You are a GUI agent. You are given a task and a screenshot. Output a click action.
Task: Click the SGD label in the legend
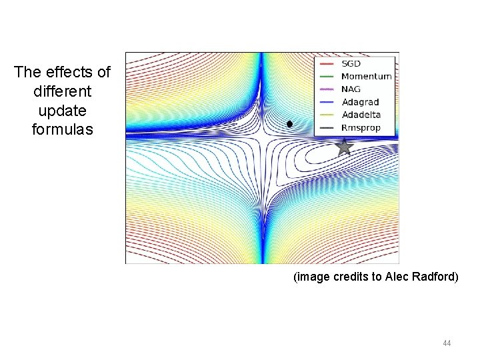pos(351,64)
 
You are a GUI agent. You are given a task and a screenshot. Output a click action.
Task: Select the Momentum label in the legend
pos(366,77)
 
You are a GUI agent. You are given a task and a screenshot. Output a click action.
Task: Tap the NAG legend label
pos(351,89)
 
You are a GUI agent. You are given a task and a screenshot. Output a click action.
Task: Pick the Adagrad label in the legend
pos(360,102)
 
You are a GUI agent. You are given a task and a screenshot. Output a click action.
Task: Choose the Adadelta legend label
pos(361,115)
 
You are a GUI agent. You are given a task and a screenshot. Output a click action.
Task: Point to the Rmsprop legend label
pos(361,127)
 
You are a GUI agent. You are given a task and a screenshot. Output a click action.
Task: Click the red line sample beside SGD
pos(327,64)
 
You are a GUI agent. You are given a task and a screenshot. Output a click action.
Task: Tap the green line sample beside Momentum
pos(327,77)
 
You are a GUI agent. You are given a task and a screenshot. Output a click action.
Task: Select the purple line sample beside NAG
pos(327,89)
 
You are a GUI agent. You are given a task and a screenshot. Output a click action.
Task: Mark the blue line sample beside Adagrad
pos(327,102)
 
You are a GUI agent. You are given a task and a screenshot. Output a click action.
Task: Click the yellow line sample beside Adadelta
pos(327,115)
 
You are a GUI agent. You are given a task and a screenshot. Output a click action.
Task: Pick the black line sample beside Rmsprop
pos(327,127)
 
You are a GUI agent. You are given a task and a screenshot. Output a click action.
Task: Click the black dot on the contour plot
pos(289,124)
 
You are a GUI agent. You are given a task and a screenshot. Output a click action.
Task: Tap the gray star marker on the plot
pos(343,147)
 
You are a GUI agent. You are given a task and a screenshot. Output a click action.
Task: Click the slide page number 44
pos(447,343)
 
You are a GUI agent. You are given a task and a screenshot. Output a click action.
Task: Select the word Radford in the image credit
pos(437,277)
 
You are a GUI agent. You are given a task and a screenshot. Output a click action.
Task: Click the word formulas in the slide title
pos(62,129)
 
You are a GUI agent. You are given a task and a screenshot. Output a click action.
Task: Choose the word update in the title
pos(62,109)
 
